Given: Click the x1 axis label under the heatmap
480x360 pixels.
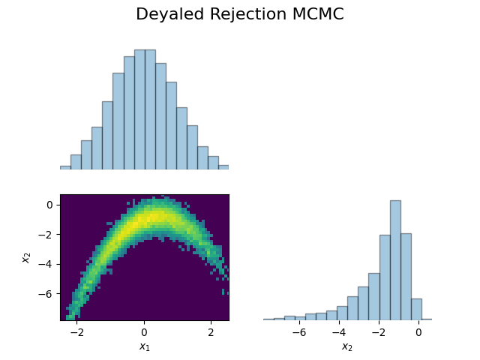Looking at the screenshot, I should (x=145, y=346).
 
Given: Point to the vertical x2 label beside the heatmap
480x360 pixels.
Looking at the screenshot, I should (x=26, y=256).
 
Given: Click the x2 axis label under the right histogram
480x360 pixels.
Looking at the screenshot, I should (x=347, y=346).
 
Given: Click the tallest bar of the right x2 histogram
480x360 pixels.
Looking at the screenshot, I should (x=395, y=259).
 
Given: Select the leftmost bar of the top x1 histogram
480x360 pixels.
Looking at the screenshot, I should (x=65, y=167).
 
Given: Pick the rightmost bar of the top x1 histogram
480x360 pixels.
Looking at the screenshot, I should (x=223, y=167).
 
